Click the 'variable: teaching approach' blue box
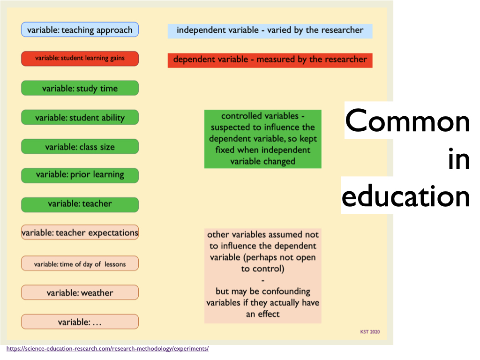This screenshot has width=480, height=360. coord(80,30)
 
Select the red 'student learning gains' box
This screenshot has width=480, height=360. coord(80,59)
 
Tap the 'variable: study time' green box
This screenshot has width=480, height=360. coord(80,88)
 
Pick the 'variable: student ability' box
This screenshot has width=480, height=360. coord(80,117)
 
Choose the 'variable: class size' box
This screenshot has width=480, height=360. coord(80,147)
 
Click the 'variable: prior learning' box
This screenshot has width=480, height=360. coord(80,175)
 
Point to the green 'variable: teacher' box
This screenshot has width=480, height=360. coord(80,205)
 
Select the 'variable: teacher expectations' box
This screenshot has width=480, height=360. coord(80,232)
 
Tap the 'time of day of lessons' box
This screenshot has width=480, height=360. coord(80,263)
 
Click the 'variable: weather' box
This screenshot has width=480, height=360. coord(80,292)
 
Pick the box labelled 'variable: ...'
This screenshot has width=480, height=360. coord(80,322)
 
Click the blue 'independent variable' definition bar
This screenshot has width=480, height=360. coord(270,31)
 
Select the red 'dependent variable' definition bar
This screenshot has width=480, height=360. coord(270,60)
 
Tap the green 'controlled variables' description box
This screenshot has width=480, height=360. coord(263,139)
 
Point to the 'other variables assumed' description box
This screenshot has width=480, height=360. coord(263,276)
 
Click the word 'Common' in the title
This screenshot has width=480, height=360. coord(407,121)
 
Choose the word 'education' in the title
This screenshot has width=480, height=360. coord(405,195)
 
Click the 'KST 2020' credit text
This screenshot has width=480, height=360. coord(370,332)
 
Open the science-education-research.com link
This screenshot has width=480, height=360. coord(107,349)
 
